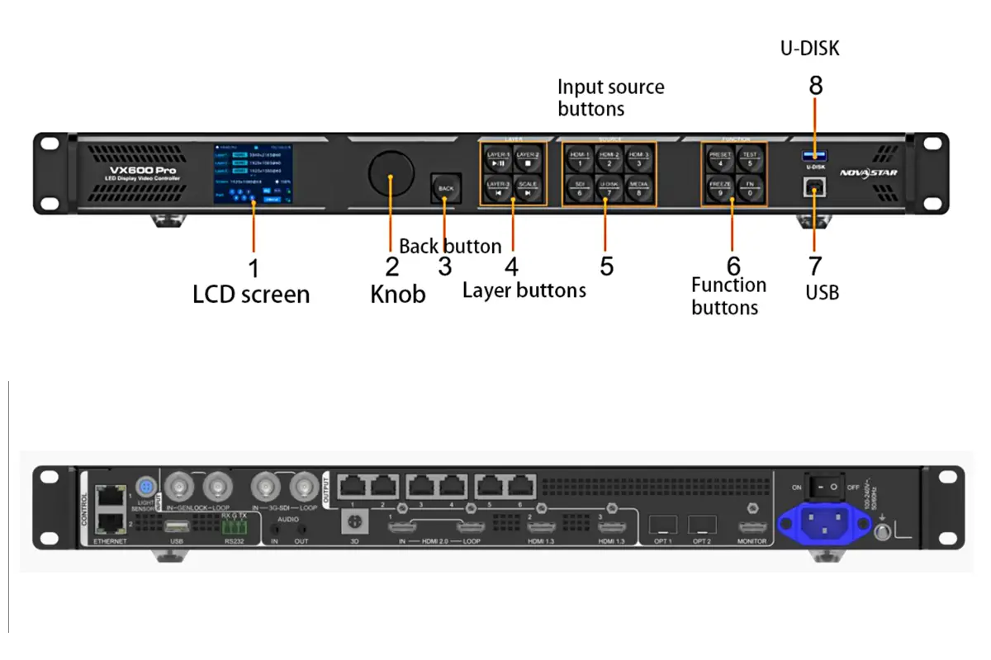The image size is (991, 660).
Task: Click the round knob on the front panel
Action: tap(391, 172)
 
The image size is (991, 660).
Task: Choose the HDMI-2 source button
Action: tap(609, 158)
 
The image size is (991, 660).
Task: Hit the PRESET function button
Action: tap(719, 158)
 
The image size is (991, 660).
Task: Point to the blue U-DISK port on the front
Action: tap(815, 155)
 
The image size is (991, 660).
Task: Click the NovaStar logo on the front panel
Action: tap(868, 172)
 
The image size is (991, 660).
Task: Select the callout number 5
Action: tap(607, 266)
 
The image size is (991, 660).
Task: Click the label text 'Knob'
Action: tap(397, 294)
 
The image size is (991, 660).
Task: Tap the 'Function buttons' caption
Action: tap(728, 296)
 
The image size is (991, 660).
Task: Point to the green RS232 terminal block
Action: tap(234, 526)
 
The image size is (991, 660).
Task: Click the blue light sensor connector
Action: tap(146, 485)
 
